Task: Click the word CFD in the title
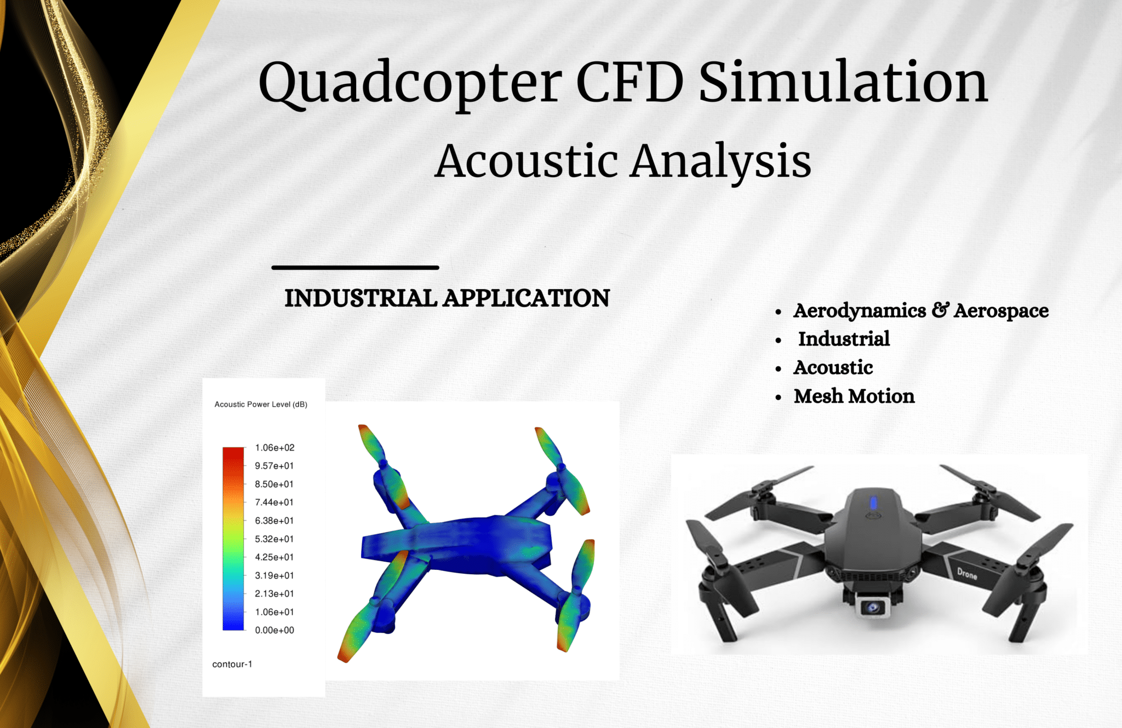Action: pos(629,82)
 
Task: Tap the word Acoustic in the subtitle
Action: pos(526,161)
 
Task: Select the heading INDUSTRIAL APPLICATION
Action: pos(446,298)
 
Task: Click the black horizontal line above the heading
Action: pos(355,268)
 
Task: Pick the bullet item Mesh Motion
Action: pos(854,396)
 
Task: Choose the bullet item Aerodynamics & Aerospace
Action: pos(920,310)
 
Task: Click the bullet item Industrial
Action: pos(843,339)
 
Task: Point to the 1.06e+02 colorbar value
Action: pos(274,448)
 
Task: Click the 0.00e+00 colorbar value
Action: pos(274,630)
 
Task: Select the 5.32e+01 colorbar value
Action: pos(274,539)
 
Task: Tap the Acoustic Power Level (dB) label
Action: pos(261,405)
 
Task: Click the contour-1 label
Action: pos(232,664)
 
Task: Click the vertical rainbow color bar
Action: pos(233,539)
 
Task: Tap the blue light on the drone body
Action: pos(873,502)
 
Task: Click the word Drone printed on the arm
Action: pos(967,574)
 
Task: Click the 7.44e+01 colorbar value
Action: pos(274,502)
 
